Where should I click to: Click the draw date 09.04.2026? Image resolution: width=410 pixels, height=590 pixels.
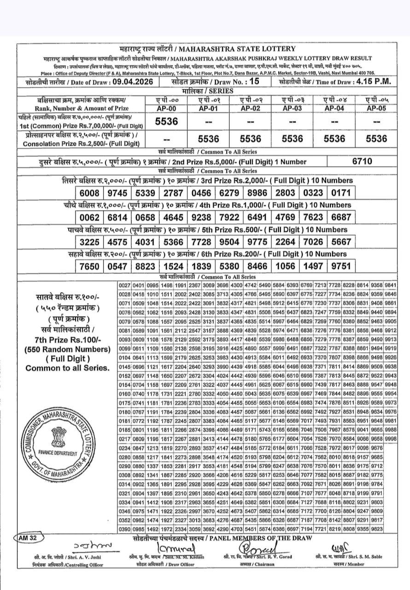coord(130,82)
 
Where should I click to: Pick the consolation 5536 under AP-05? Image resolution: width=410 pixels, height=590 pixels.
coord(375,139)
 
